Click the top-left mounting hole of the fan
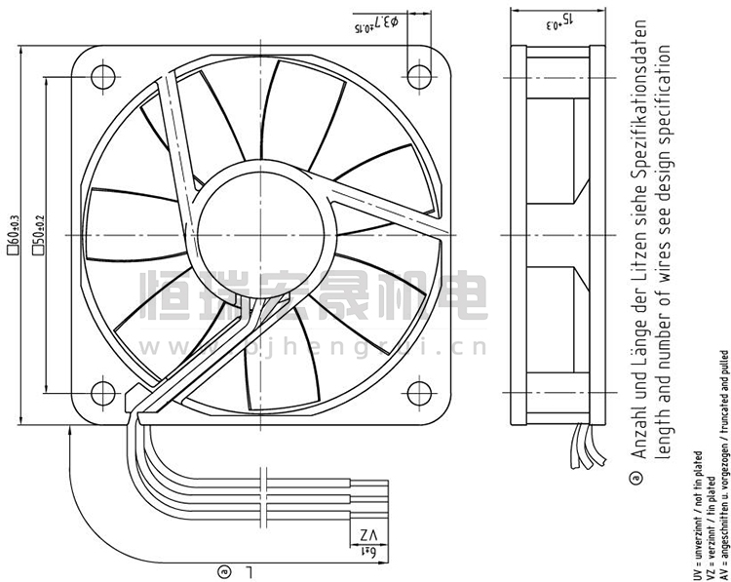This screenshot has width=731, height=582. (x=100, y=73)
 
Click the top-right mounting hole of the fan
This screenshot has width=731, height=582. (x=420, y=73)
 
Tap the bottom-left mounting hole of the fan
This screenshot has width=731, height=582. (x=100, y=393)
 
